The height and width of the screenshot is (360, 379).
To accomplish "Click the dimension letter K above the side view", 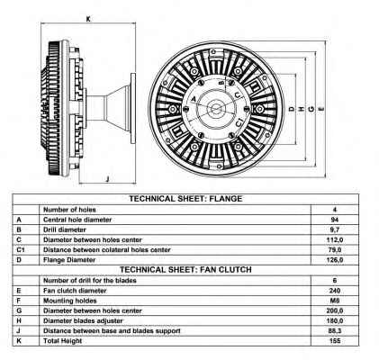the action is point(88,19).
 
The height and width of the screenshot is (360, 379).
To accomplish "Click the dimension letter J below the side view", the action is point(107,179).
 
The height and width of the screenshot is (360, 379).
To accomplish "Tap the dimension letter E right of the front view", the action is point(321,109).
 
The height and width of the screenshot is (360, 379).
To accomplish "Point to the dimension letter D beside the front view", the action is point(292,109).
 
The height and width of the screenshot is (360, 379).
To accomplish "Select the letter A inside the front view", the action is point(194,99).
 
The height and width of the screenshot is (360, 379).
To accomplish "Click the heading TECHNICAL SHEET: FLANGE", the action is point(185,199).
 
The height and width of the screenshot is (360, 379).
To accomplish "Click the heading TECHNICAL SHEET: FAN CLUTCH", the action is point(185,270).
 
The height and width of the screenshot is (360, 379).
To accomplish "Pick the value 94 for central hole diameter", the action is point(335,220).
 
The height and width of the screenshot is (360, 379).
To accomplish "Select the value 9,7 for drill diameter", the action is point(335,229).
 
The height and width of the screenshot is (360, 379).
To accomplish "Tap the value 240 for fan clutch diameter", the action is point(335,291).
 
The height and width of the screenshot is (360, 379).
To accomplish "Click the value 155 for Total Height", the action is point(335,341).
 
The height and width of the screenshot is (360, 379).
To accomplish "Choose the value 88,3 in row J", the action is point(335,331).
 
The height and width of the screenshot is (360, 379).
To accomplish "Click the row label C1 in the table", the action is point(21,249).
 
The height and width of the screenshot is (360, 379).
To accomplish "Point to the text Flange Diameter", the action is point(69,260).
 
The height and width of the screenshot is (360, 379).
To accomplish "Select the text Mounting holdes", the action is point(70,301).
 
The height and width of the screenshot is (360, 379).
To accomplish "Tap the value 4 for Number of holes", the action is point(335,210).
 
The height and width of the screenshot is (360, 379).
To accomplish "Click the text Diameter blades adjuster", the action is point(83,320).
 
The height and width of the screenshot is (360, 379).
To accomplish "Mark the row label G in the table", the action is point(19,310).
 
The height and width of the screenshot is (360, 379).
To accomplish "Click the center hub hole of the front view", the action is point(215,109).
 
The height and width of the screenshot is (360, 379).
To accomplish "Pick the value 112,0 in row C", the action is point(335,240).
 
